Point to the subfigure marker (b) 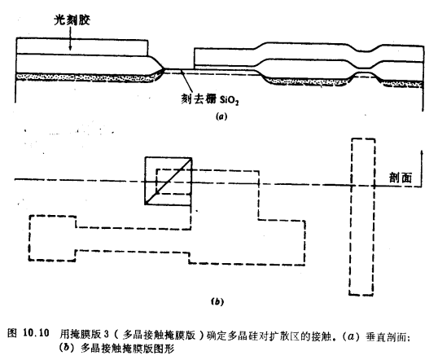point(217,302)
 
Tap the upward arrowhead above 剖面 point(422,154)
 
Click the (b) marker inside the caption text point(68,346)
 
